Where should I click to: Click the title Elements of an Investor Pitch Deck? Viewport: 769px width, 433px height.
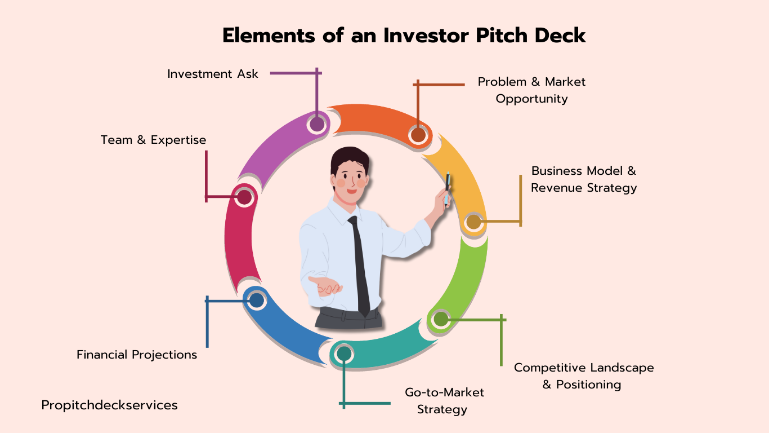404,36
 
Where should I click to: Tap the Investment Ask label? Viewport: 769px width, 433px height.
212,74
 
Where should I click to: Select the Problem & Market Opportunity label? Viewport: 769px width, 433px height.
531,90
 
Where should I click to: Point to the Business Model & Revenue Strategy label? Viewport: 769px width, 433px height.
584,179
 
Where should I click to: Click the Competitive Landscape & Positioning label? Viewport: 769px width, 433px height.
584,376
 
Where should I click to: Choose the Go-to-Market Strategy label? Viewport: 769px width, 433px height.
444,401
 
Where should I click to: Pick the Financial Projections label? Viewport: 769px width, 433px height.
137,355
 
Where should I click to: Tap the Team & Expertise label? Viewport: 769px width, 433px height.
153,140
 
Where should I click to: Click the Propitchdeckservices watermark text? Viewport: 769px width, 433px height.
110,405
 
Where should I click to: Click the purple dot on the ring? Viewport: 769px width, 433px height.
317,124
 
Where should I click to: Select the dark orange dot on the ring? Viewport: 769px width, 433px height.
418,135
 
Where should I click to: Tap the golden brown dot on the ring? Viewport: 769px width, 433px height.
474,222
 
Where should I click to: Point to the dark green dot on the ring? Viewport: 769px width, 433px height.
441,319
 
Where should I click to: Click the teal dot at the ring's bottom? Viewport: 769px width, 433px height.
344,353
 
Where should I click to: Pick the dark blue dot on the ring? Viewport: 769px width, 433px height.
257,301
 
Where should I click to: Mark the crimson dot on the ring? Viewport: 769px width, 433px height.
244,197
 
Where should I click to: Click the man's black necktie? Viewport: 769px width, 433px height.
359,266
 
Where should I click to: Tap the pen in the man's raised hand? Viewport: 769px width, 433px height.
447,188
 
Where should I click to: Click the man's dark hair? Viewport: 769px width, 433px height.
350,159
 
